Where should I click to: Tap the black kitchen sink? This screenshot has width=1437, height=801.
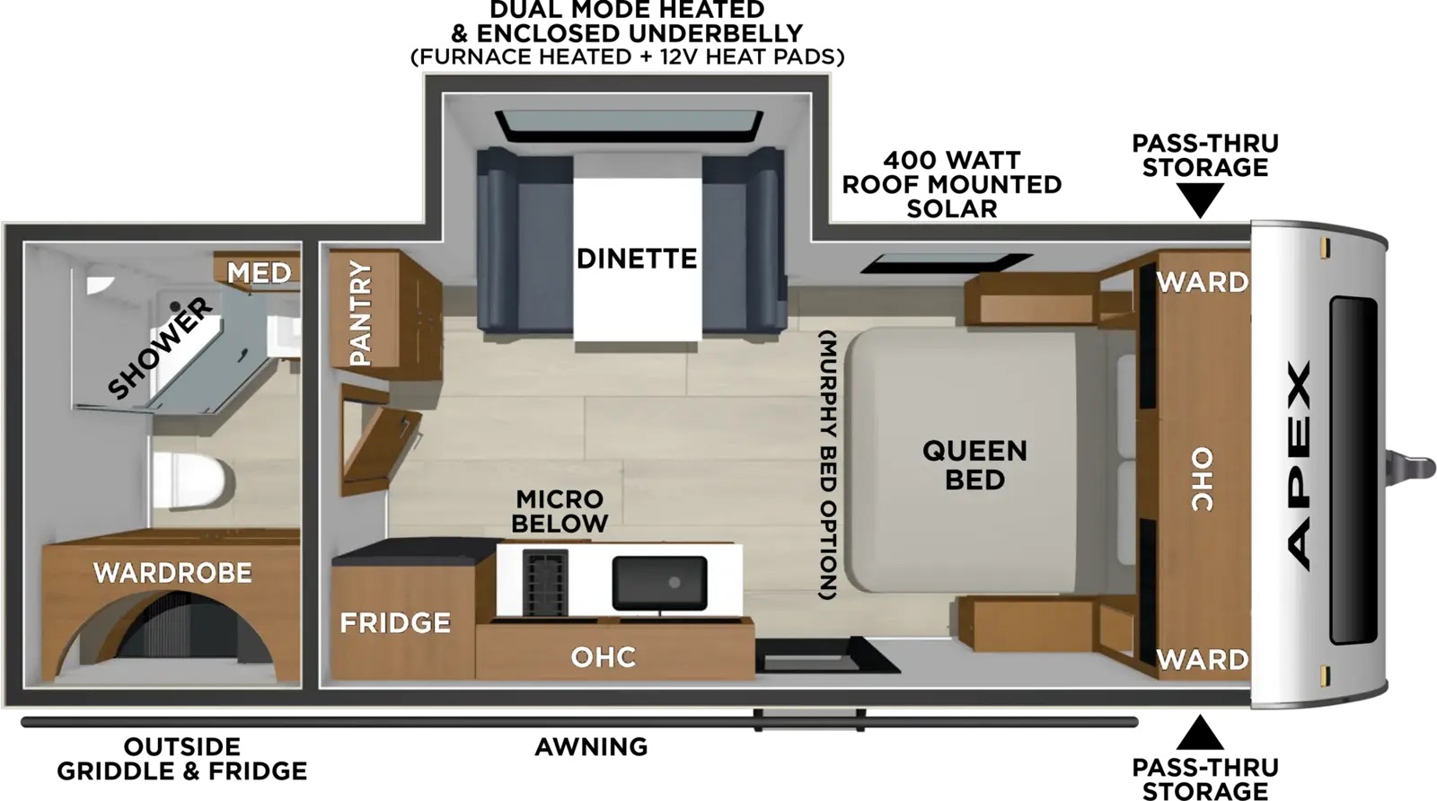pos(659,583)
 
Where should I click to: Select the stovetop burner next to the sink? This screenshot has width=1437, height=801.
pos(544,582)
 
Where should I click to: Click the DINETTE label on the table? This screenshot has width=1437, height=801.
pos(637,259)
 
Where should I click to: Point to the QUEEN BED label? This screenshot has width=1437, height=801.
pos(974,465)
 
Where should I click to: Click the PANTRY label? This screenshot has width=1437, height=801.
pos(360,313)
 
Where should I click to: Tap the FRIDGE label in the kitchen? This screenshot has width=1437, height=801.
pos(395,622)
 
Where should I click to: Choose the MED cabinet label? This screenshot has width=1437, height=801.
pos(260,273)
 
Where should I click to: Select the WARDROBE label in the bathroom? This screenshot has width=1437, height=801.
pos(172,573)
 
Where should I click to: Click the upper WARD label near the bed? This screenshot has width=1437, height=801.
pos(1203,282)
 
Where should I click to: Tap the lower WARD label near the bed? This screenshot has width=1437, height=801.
pos(1203,658)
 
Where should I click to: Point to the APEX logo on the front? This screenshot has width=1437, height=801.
pos(1299,465)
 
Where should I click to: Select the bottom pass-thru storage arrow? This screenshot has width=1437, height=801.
pos(1200,733)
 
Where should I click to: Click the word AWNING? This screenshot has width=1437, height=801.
pos(592,747)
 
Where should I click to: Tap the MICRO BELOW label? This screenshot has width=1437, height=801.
pos(560,511)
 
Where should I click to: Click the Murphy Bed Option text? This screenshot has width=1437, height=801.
pos(828,465)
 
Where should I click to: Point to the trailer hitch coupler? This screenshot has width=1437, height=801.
pos(1410,465)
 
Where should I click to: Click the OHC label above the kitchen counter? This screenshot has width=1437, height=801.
pos(604,656)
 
